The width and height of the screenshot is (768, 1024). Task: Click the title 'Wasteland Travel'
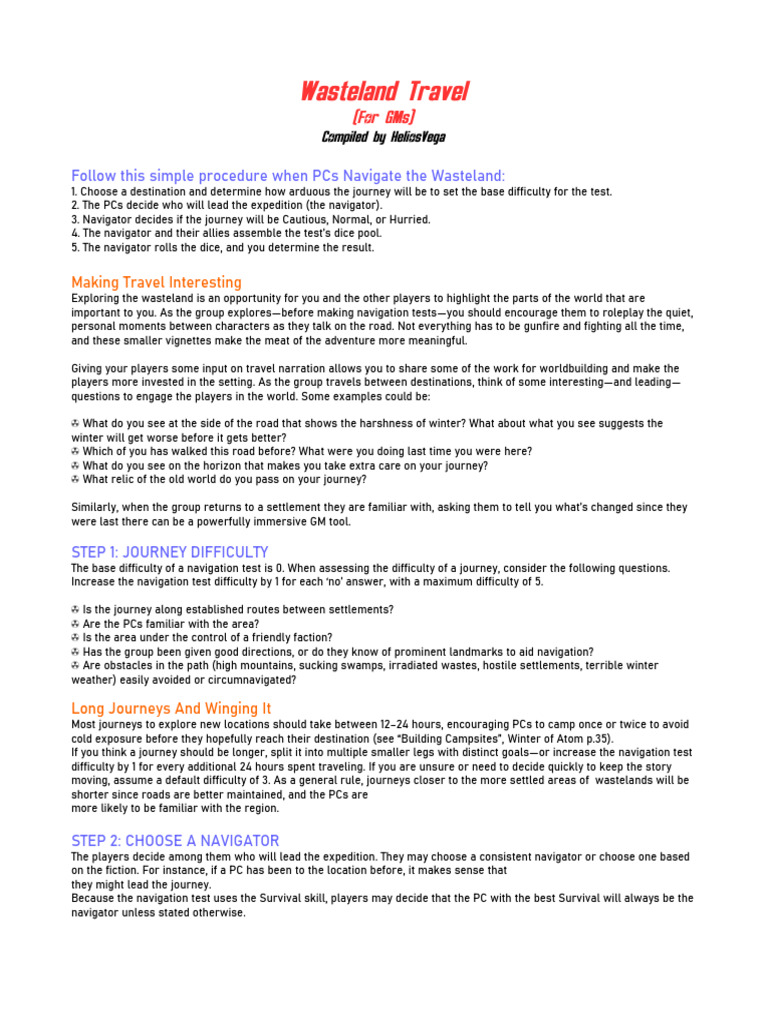point(384,93)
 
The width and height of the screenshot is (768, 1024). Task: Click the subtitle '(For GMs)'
point(384,118)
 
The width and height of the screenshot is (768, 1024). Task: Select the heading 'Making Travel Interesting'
point(156,283)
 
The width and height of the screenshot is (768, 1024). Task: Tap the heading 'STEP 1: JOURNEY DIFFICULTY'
point(170,552)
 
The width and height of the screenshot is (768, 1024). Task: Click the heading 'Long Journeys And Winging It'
point(171,708)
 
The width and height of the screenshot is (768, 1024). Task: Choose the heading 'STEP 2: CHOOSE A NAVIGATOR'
point(175,841)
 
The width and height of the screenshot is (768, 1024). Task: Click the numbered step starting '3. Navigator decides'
point(251,219)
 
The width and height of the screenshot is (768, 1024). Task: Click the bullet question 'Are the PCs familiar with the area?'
point(171,623)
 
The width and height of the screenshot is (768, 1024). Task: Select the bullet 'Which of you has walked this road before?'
point(306,451)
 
